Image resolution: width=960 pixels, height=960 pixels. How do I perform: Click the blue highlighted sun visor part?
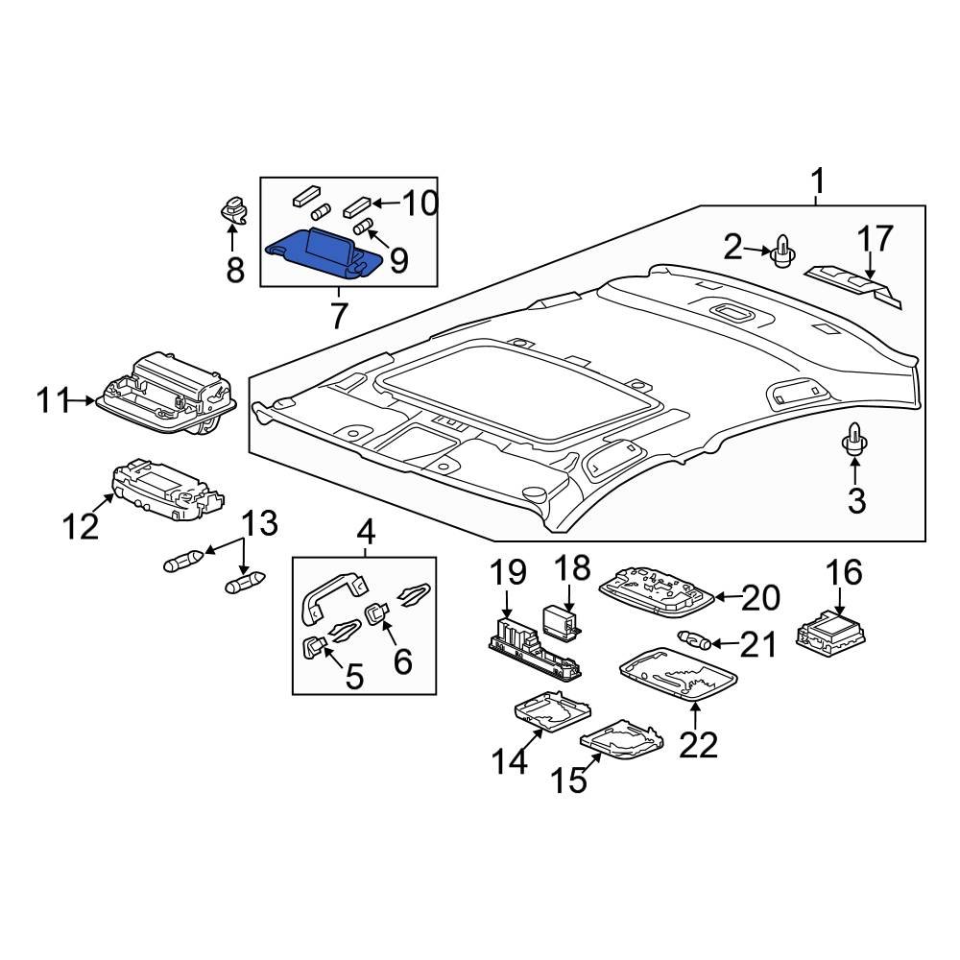coord(326,252)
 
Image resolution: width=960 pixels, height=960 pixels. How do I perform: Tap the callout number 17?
coord(875,238)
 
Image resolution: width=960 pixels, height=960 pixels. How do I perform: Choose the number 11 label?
coord(55,400)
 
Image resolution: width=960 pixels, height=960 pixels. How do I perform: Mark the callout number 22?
coord(698,744)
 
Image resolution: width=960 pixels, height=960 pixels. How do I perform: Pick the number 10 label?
coord(419,203)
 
